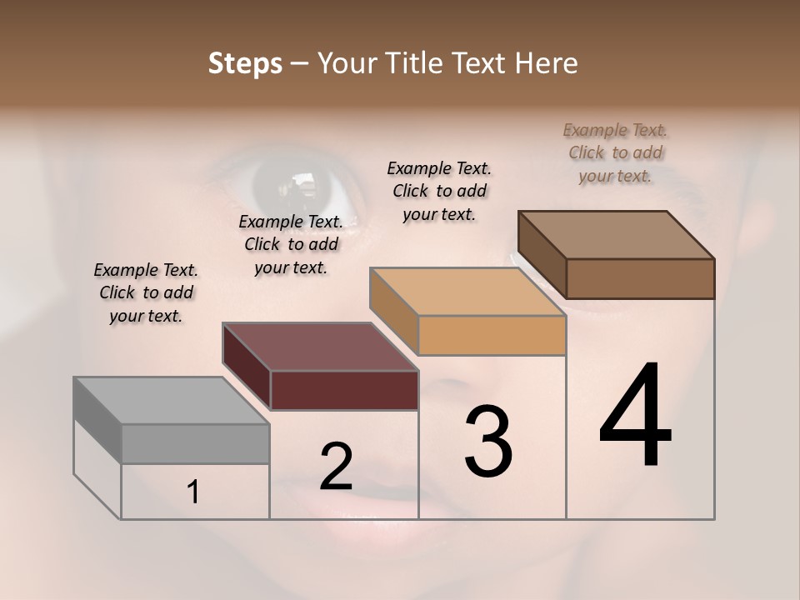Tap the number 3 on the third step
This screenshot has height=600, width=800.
click(487, 442)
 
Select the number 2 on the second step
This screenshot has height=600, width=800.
click(336, 467)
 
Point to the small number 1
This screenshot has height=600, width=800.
click(193, 492)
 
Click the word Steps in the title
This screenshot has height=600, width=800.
click(245, 63)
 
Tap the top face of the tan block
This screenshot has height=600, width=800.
click(467, 292)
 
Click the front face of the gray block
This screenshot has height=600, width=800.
click(195, 444)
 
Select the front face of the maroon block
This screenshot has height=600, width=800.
click(344, 390)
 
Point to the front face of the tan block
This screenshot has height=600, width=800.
click(492, 335)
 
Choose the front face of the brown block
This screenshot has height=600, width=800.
click(640, 278)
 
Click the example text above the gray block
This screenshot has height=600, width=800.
click(146, 292)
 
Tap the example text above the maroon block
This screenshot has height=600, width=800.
click(291, 244)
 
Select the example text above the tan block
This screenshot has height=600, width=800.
click(439, 191)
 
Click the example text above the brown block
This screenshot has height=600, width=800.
click(616, 152)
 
